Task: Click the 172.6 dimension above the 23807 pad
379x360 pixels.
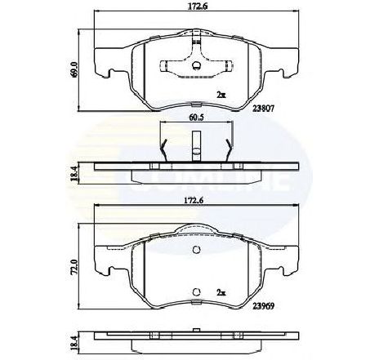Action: pyautogui.click(x=198, y=7)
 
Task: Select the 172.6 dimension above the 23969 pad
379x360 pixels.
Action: pyautogui.click(x=194, y=201)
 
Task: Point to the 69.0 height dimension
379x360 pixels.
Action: pyautogui.click(x=74, y=70)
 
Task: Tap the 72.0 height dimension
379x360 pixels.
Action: pyautogui.click(x=74, y=268)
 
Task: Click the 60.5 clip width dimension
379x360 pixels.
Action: pyautogui.click(x=197, y=118)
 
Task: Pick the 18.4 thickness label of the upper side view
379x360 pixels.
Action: pyautogui.click(x=74, y=174)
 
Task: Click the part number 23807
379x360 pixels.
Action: pyautogui.click(x=263, y=108)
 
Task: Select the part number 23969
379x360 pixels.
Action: pyautogui.click(x=263, y=306)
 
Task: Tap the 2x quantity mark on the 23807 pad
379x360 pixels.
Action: pyautogui.click(x=221, y=95)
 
